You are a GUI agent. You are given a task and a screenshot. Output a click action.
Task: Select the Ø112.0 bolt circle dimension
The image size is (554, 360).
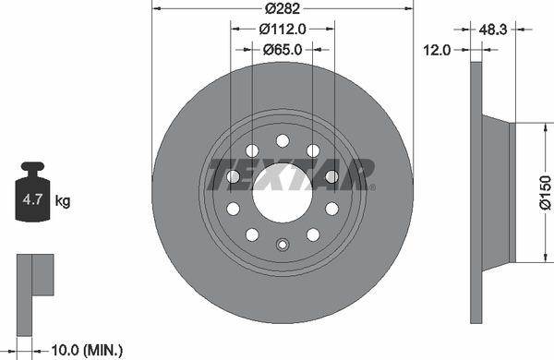tap(282, 30)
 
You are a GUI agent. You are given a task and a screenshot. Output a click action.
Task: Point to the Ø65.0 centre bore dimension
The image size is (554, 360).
tap(283, 50)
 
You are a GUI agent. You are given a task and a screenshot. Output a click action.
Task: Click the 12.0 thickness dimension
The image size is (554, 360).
tap(436, 50)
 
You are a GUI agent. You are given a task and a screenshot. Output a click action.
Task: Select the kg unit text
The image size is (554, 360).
tap(64, 199)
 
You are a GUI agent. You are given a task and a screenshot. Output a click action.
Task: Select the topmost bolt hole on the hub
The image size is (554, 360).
tap(282, 139)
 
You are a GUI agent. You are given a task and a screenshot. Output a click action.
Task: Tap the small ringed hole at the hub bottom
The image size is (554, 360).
tap(282, 246)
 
